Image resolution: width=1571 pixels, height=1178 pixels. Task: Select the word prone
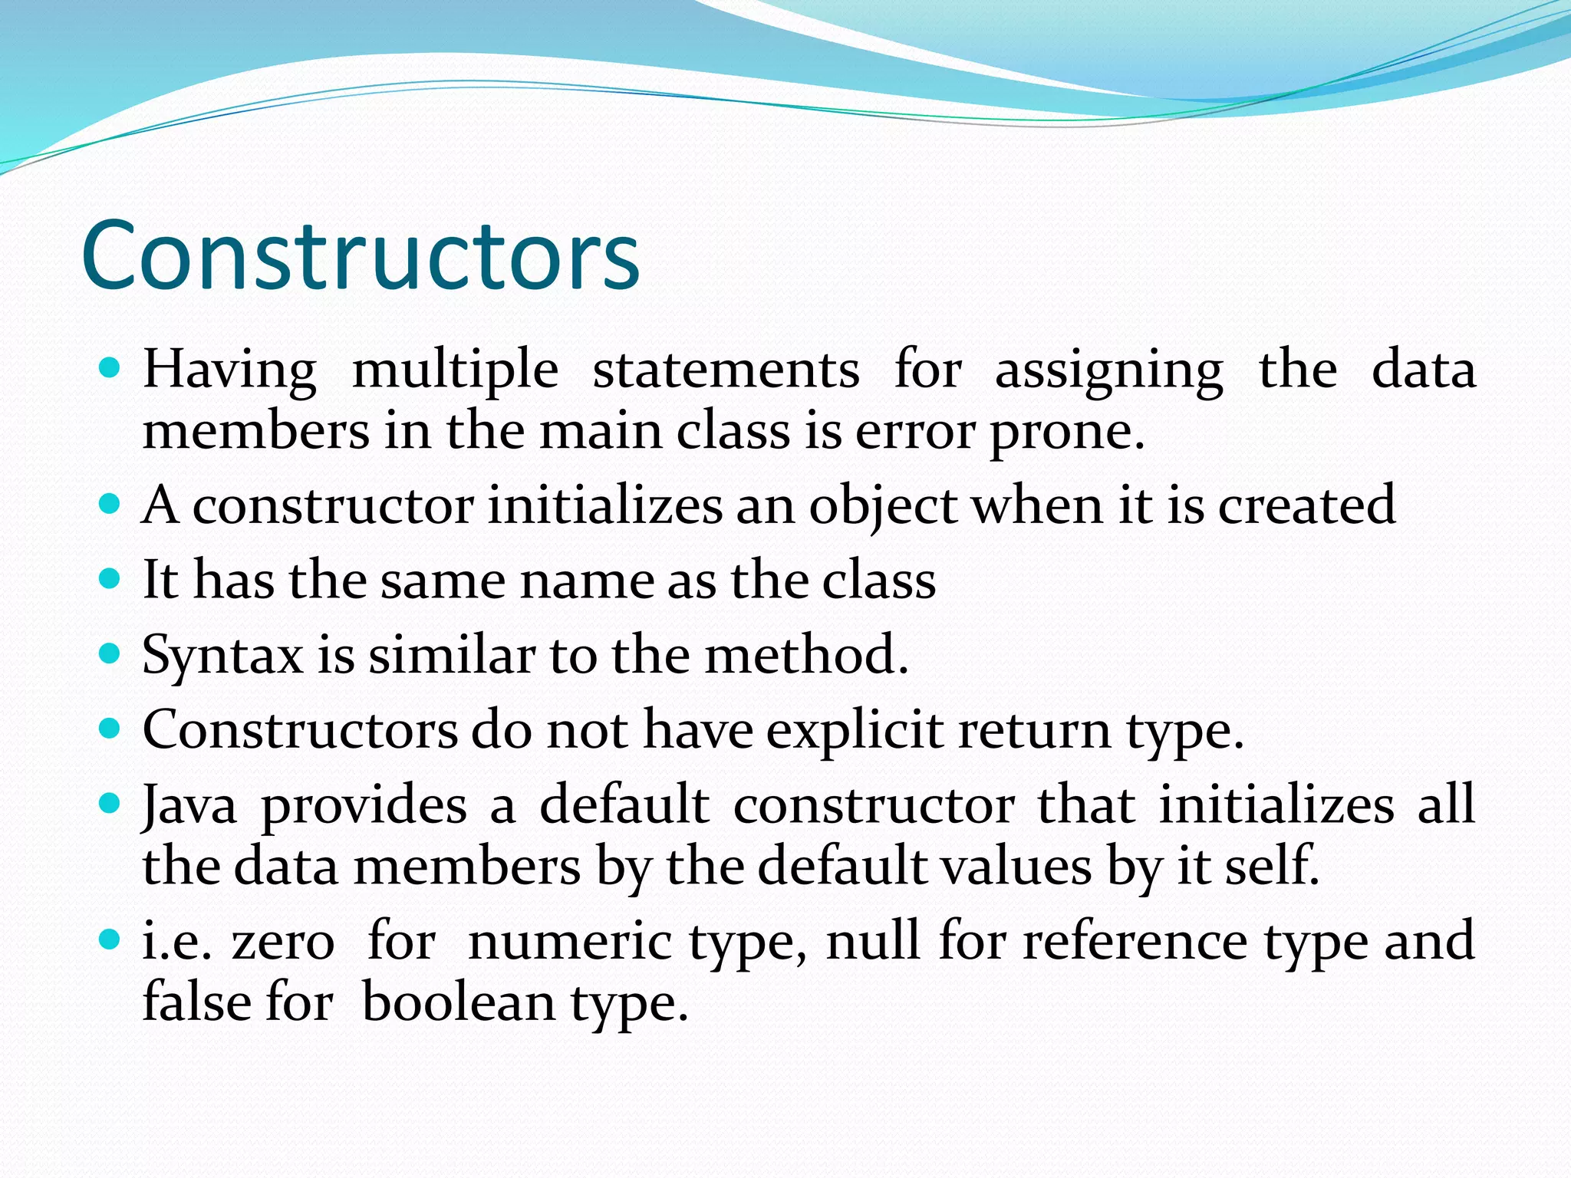click(x=1066, y=433)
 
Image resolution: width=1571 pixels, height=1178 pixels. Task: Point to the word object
click(x=882, y=506)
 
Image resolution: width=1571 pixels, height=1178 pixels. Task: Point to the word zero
click(x=283, y=942)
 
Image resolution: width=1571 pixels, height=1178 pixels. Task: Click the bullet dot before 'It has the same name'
click(x=110, y=577)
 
